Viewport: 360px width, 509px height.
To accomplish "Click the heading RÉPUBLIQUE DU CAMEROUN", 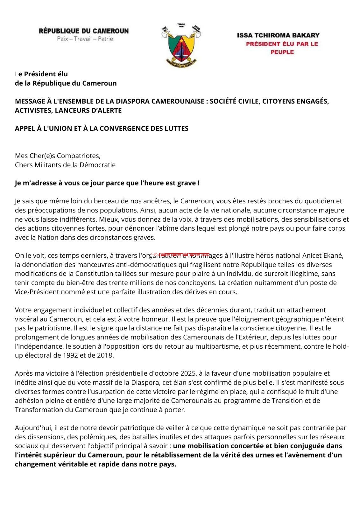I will pyautogui.click(x=84, y=31).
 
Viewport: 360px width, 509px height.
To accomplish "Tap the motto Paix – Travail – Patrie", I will pyautogui.click(x=85, y=39).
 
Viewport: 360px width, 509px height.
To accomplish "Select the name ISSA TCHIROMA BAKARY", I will pyautogui.click(x=278, y=35).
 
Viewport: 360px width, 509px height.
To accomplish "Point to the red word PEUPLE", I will pyautogui.click(x=282, y=52).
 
